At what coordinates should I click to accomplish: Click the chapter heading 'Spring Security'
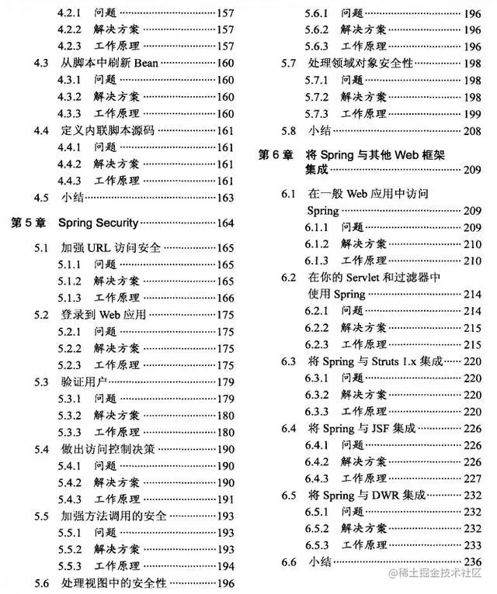pyautogui.click(x=98, y=223)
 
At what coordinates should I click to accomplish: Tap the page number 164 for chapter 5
pyautogui.click(x=225, y=223)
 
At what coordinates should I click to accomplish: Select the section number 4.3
pyautogui.click(x=43, y=62)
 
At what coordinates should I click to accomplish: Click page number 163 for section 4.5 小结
pyautogui.click(x=225, y=198)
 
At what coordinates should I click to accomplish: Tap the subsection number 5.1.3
pyautogui.click(x=70, y=298)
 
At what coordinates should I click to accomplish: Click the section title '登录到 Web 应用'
pyautogui.click(x=103, y=315)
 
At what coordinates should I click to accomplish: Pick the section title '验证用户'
pyautogui.click(x=82, y=382)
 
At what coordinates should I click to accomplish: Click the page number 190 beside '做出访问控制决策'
pyautogui.click(x=225, y=449)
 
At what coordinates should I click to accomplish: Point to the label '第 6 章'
pyautogui.click(x=276, y=155)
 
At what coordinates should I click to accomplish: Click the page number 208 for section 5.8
pyautogui.click(x=472, y=130)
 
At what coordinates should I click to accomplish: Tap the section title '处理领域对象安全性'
pyautogui.click(x=361, y=63)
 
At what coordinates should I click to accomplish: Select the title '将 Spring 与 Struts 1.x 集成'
pyautogui.click(x=375, y=361)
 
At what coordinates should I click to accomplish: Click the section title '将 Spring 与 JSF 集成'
pyautogui.click(x=363, y=428)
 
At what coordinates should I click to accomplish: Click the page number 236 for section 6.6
pyautogui.click(x=472, y=561)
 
